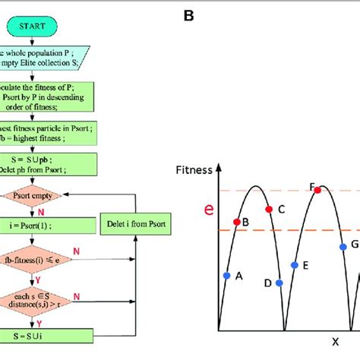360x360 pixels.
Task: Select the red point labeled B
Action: (236, 222)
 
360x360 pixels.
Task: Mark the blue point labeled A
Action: (226, 275)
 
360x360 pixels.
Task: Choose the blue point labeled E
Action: (294, 265)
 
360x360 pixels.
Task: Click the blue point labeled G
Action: (343, 246)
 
